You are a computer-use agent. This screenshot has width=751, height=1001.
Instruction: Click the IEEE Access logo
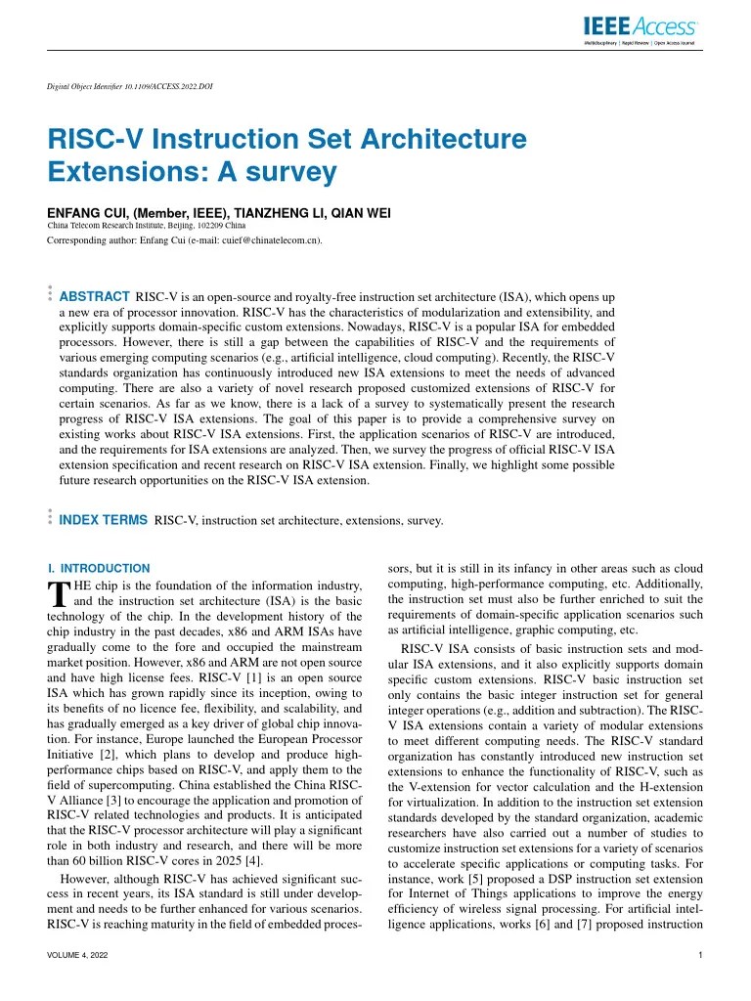pos(641,29)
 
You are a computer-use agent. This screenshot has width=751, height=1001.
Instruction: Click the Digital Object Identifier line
pos(130,86)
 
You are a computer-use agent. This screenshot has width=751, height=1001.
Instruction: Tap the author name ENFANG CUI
pos(85,213)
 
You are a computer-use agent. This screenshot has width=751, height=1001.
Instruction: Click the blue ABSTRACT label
pos(95,296)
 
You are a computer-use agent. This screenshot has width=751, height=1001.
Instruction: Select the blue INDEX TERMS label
pos(104,520)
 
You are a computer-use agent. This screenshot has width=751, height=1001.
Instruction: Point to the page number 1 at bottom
pos(700,955)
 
